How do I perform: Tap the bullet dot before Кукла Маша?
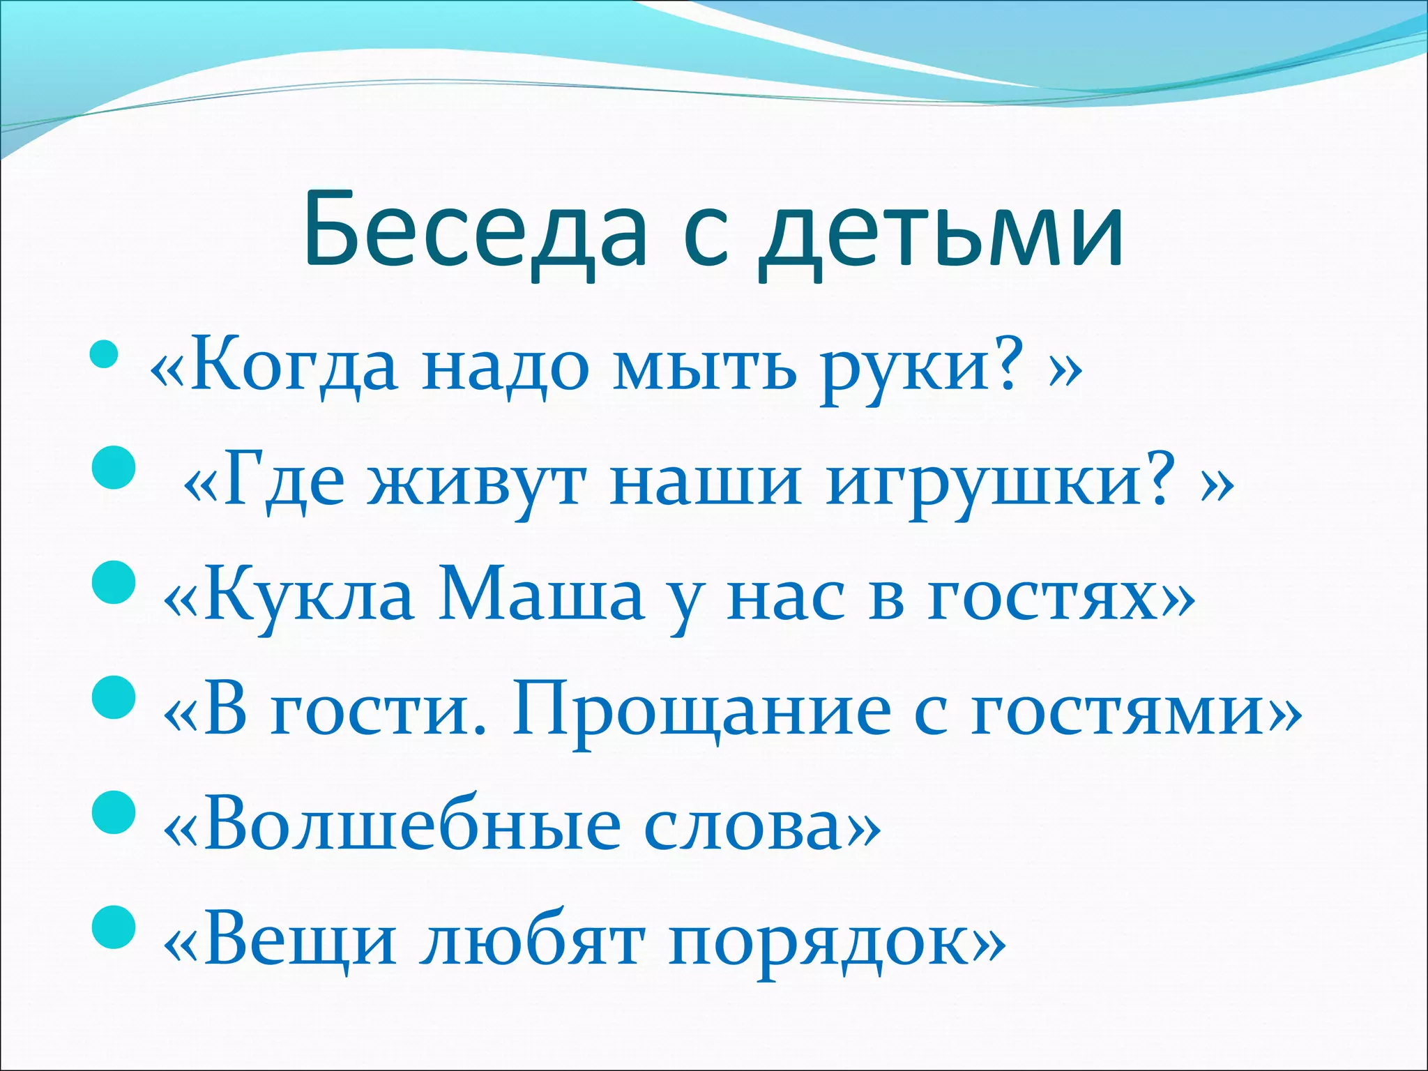tap(112, 582)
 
